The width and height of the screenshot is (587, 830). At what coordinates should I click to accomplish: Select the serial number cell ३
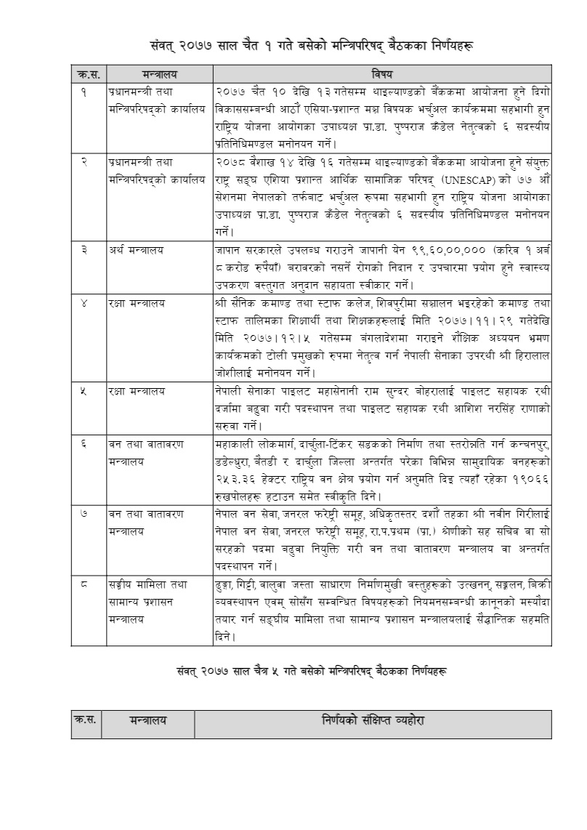click(85, 249)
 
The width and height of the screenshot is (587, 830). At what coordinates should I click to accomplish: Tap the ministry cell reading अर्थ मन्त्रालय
click(133, 249)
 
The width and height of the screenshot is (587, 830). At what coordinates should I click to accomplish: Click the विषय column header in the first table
click(382, 73)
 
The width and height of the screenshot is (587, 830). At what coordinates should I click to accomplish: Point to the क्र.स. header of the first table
click(86, 73)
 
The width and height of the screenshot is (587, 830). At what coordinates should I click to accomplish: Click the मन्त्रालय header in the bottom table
click(148, 721)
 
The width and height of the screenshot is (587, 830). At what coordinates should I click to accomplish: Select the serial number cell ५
click(85, 391)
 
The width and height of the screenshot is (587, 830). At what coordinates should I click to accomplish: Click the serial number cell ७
click(85, 514)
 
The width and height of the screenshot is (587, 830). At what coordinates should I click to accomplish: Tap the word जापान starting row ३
click(229, 249)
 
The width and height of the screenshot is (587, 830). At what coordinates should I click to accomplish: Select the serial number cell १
click(85, 90)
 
